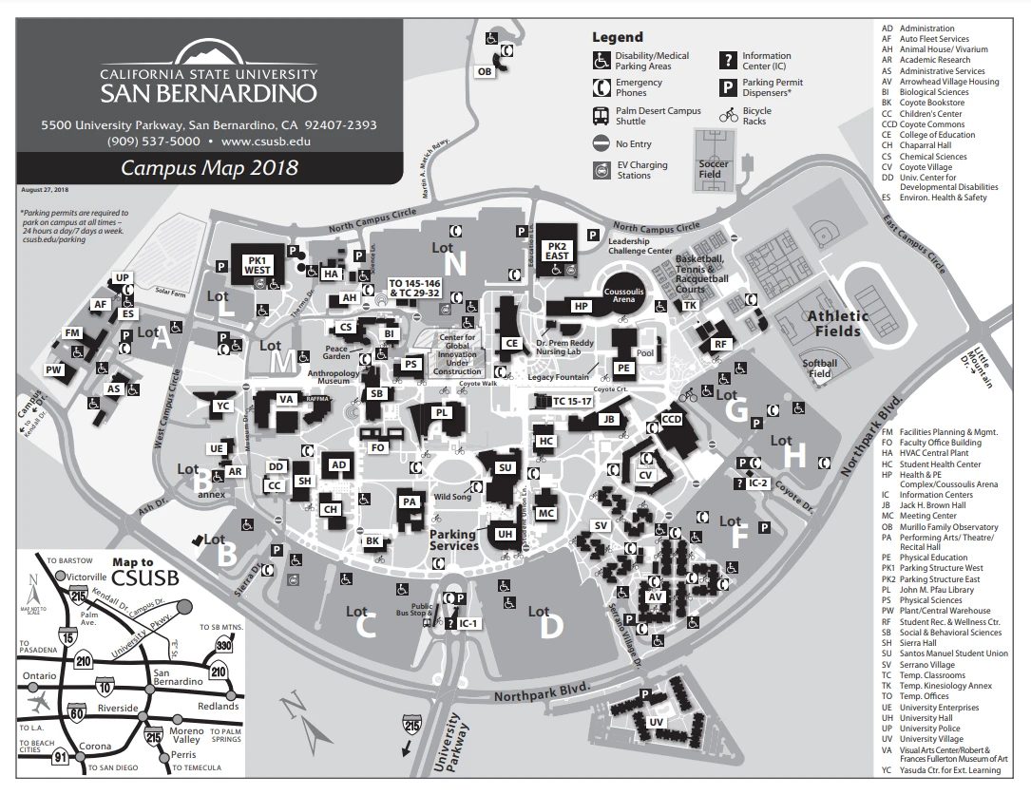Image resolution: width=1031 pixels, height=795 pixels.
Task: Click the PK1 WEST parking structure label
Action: coord(258,265)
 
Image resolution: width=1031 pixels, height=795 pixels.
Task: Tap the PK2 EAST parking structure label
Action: coord(557,251)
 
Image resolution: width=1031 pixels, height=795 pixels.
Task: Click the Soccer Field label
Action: coord(714,168)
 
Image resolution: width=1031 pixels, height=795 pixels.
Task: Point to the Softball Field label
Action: coord(819,368)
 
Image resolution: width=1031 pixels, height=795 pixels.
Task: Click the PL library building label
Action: coord(441,413)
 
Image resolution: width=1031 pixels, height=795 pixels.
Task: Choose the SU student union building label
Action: coord(506,467)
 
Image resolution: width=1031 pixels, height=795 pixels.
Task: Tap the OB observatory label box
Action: coord(484,71)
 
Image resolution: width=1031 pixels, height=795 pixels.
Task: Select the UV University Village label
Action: coord(656,722)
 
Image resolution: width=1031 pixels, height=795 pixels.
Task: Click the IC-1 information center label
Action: coord(468,624)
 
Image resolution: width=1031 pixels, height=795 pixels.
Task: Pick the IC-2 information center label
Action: coord(757,483)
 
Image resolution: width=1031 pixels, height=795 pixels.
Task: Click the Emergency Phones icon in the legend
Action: coord(601,87)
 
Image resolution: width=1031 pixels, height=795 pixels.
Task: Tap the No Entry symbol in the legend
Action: coord(601,143)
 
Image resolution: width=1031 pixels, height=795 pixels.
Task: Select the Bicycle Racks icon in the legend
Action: coord(729,116)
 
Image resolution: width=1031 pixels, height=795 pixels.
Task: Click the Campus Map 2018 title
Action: coord(208,169)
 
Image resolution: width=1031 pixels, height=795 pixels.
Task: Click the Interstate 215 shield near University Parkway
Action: coord(411,726)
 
